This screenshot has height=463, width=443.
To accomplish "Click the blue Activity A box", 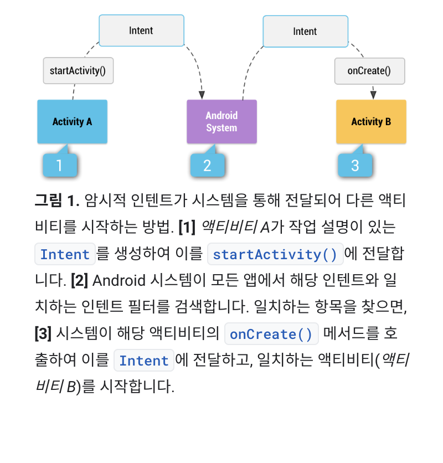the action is click(x=72, y=122).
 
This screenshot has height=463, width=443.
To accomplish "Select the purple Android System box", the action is click(x=221, y=122).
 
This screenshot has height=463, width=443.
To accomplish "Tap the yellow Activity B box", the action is click(x=371, y=122).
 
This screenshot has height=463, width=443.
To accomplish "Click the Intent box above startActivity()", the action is click(x=141, y=30).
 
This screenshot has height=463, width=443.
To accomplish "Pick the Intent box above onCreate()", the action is click(x=305, y=32).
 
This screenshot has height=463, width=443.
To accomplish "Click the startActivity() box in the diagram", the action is click(x=78, y=70).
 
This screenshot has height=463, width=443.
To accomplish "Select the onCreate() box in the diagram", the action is click(x=369, y=70).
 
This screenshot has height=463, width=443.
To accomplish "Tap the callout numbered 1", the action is click(x=59, y=165).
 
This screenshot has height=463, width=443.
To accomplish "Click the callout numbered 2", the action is click(x=207, y=165).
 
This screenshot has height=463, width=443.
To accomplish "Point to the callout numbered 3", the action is click(x=356, y=165).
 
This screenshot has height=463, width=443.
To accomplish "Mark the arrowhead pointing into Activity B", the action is click(x=373, y=95).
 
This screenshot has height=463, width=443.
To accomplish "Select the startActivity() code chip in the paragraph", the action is click(x=275, y=254).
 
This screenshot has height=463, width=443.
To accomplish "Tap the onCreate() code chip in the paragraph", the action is click(x=271, y=334).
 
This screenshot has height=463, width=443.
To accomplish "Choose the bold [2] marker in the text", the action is click(x=80, y=281).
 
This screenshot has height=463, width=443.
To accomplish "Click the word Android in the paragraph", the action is click(x=119, y=281).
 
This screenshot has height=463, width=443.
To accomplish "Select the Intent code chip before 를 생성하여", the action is click(x=65, y=254).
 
